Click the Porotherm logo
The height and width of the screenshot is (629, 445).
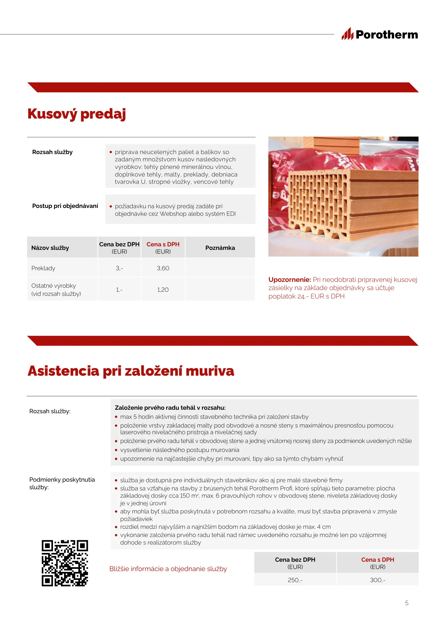(x=380, y=34)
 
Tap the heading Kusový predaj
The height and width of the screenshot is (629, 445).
(x=77, y=114)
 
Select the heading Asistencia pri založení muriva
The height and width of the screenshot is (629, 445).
(x=131, y=371)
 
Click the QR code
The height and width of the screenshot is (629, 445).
(x=65, y=563)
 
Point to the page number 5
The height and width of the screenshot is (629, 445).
(x=407, y=603)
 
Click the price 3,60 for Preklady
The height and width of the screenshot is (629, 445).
(x=163, y=268)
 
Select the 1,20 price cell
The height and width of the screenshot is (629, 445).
(x=163, y=290)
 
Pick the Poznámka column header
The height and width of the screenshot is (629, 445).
(x=220, y=248)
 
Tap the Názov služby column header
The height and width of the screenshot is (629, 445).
(x=50, y=248)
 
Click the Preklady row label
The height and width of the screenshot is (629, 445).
(x=43, y=268)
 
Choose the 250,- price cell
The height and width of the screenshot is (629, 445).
(x=295, y=580)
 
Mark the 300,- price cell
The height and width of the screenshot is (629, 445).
(x=377, y=580)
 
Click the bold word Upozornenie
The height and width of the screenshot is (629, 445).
(x=290, y=280)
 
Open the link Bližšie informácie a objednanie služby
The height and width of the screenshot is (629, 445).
(x=168, y=569)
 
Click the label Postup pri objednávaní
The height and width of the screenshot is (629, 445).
(x=65, y=206)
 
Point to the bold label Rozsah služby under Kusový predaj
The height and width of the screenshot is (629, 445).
(x=52, y=152)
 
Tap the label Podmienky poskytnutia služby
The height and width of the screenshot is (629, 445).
(x=62, y=483)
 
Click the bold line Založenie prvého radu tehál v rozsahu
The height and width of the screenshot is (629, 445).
(x=170, y=408)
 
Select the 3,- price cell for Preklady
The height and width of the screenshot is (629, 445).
(x=119, y=268)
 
